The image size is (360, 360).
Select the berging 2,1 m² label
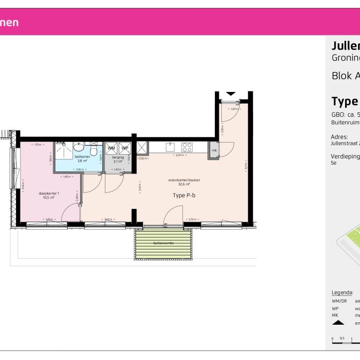click(118, 159)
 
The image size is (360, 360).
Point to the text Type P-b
click(184, 195)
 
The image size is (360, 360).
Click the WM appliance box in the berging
click(111, 148)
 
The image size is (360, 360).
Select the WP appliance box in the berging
click(124, 148)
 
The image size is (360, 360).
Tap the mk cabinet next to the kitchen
click(214, 150)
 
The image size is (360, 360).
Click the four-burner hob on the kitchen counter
click(187, 147)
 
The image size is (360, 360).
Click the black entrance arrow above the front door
click(231, 93)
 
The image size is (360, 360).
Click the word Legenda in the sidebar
click(342, 292)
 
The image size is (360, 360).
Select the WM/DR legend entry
click(338, 301)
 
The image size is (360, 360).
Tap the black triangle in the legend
click(338, 322)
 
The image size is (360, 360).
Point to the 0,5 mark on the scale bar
click(342, 338)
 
